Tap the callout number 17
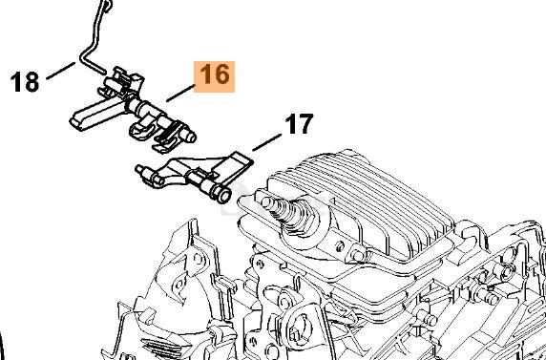[299, 124]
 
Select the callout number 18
[25, 81]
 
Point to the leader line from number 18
[60, 71]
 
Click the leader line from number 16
[180, 93]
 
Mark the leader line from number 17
[266, 142]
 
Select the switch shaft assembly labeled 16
[133, 110]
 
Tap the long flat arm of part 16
[94, 116]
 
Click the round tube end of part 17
[222, 196]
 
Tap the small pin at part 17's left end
[139, 169]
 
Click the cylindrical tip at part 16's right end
[190, 137]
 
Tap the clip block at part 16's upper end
[124, 84]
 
